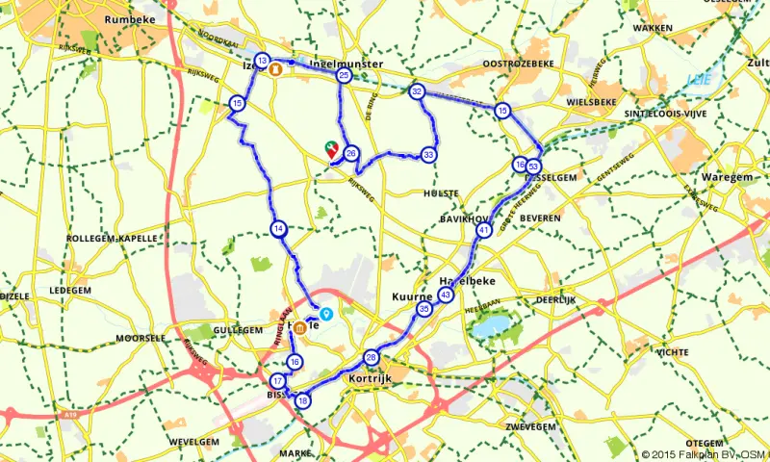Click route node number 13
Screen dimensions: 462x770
[263, 61]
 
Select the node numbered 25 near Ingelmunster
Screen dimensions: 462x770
[344, 75]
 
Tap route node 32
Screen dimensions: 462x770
[417, 91]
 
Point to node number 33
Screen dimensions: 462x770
[428, 154]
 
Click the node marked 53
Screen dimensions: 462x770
[533, 166]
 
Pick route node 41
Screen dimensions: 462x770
[483, 231]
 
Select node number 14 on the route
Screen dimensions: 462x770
[278, 229]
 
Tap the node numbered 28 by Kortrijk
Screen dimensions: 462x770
[372, 359]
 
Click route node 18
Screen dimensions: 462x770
[303, 400]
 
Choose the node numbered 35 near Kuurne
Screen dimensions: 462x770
[424, 310]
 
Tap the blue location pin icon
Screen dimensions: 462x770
[326, 314]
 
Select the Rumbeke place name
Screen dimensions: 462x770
[130, 18]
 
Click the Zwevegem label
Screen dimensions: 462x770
[531, 424]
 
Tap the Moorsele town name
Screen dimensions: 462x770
[141, 339]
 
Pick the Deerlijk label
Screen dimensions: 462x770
[556, 300]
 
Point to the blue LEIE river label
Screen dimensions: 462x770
[697, 79]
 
